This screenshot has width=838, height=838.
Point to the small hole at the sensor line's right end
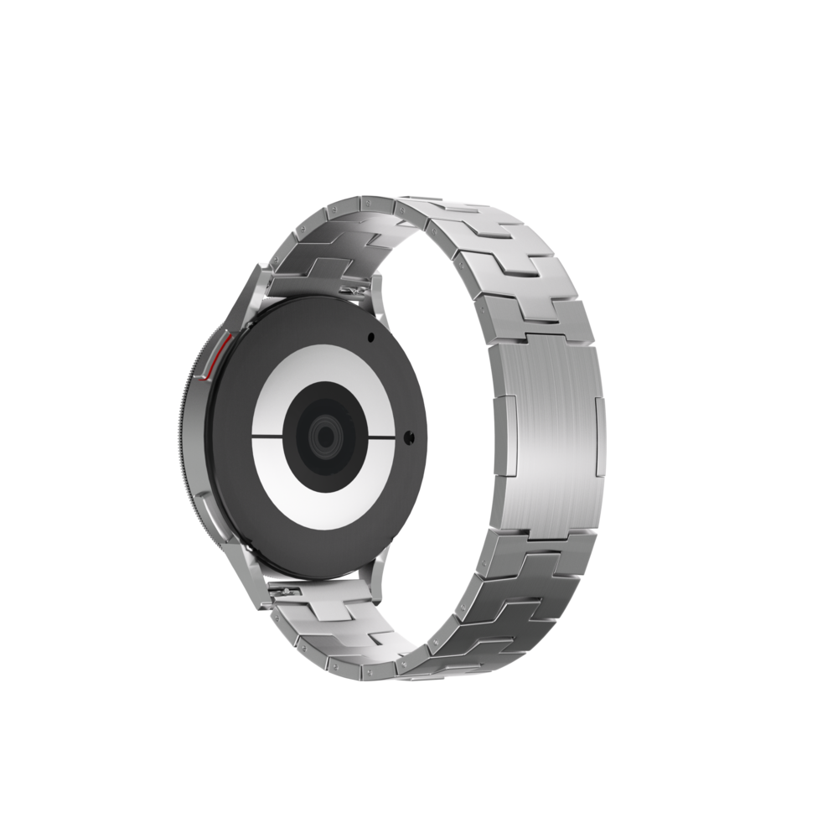pyautogui.click(x=408, y=437)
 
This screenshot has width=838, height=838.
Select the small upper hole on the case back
pyautogui.click(x=370, y=338)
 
